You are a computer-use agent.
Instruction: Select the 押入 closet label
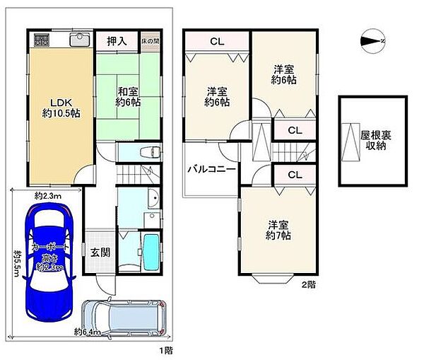coord(117,42)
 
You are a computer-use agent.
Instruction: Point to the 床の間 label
coord(149,41)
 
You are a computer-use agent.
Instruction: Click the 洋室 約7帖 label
coord(276,230)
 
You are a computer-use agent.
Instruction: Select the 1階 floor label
coord(164,350)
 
